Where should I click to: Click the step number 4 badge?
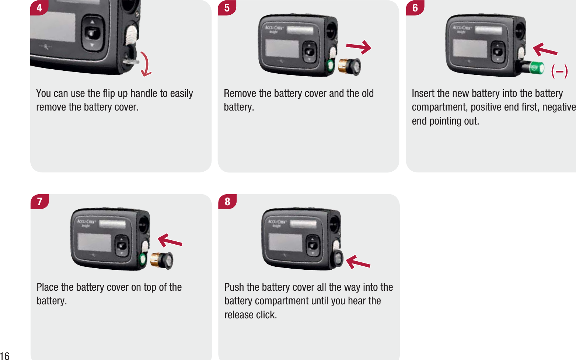click(39, 8)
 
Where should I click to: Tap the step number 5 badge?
click(227, 8)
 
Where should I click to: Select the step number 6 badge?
click(415, 8)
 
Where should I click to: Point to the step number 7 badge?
click(39, 201)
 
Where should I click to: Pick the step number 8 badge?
click(227, 201)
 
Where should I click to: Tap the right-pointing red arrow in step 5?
click(359, 47)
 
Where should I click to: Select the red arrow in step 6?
click(545, 50)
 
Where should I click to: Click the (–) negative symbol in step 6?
click(559, 71)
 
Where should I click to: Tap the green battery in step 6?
click(536, 68)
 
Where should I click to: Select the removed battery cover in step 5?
click(350, 67)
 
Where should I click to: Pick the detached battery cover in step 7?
click(162, 261)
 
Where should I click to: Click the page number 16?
click(5, 356)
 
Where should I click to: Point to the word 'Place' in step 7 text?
click(48, 287)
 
